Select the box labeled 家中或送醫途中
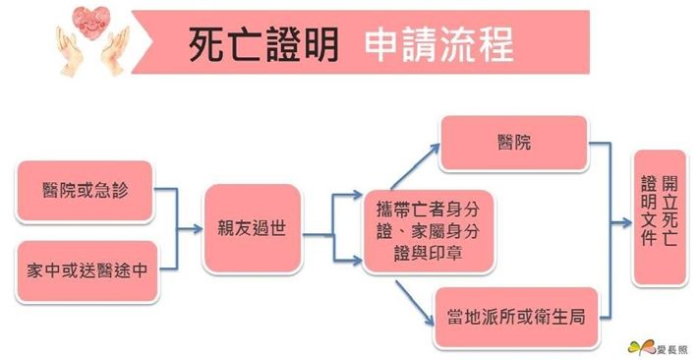(85, 269)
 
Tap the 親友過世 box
(251, 228)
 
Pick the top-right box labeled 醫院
(513, 144)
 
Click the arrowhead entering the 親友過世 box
(196, 228)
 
